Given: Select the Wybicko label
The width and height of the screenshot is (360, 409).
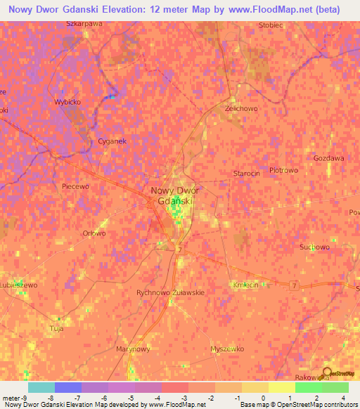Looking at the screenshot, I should [68, 101].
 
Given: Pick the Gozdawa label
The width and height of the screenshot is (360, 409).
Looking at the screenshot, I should [329, 158].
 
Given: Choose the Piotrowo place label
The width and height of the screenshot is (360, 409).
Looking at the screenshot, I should [284, 170].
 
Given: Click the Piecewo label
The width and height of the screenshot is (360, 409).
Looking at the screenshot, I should [76, 186].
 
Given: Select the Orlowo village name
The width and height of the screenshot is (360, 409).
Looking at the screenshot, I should [94, 233].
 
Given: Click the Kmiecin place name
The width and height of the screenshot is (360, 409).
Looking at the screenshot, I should [245, 285].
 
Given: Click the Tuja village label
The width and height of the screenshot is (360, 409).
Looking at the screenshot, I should [57, 328].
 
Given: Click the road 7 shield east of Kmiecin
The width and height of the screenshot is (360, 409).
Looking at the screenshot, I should [294, 285].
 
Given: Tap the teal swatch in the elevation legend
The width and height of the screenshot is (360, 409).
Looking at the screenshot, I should [41, 387].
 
